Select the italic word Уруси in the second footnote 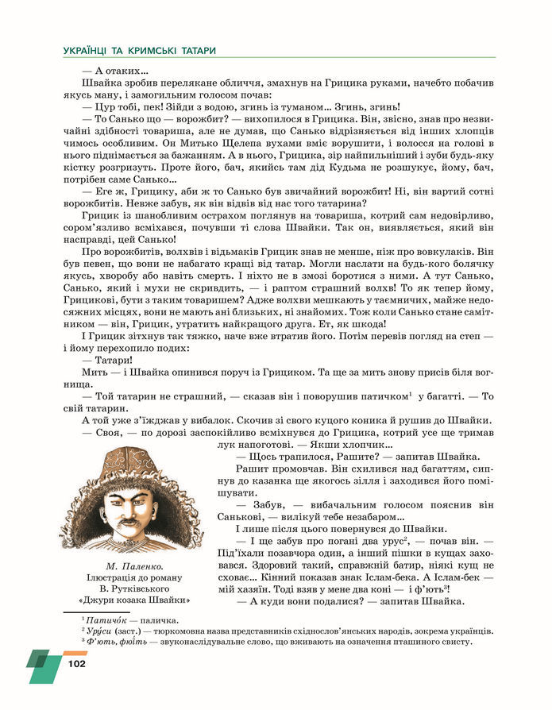click(x=99, y=631)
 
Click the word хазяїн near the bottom click(x=262, y=588)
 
